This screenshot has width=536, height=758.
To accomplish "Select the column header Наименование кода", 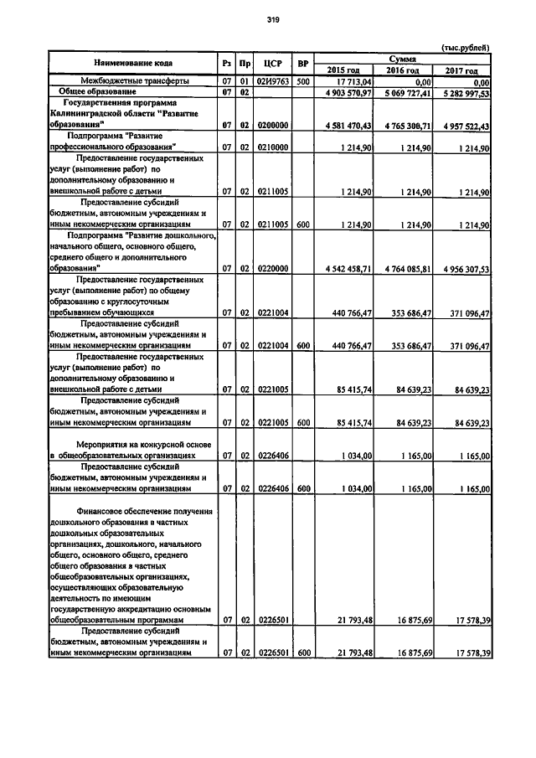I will click(x=134, y=63).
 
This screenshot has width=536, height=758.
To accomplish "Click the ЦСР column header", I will click(x=272, y=63).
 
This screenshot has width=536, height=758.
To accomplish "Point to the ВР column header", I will click(x=302, y=63).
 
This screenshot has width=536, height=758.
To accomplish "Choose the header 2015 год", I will click(x=343, y=70).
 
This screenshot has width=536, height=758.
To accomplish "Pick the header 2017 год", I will click(x=461, y=70).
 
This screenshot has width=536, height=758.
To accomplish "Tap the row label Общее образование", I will click(x=102, y=90).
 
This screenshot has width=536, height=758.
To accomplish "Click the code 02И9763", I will click(x=272, y=81).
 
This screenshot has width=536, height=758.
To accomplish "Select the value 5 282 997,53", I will click(x=460, y=91).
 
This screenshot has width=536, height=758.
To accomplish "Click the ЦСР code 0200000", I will click(x=272, y=125).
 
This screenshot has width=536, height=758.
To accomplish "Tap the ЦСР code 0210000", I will click(x=272, y=147).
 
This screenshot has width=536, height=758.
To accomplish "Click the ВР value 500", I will click(x=302, y=81).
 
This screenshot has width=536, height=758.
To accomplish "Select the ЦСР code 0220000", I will click(x=272, y=268).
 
